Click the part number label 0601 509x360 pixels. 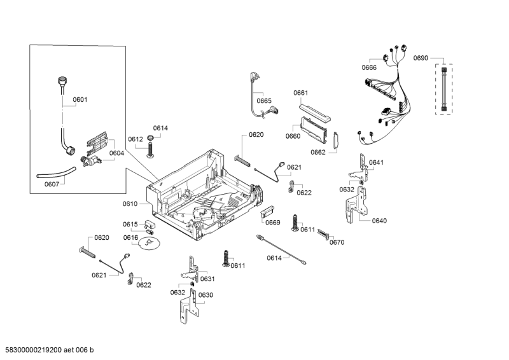pyautogui.click(x=80, y=99)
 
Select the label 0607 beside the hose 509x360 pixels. pyautogui.click(x=52, y=184)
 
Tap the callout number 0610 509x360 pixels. pyautogui.click(x=130, y=204)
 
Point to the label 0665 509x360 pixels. pyautogui.click(x=264, y=100)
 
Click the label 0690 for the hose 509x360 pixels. pyautogui.click(x=421, y=58)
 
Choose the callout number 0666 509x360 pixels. pyautogui.click(x=369, y=67)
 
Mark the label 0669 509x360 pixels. pyautogui.click(x=273, y=222)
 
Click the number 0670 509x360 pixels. pyautogui.click(x=337, y=242)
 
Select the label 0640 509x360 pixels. pyautogui.click(x=379, y=221)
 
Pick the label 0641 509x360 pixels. pyautogui.click(x=376, y=162)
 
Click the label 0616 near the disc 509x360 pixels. pyautogui.click(x=130, y=237)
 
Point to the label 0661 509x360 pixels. pyautogui.click(x=301, y=93)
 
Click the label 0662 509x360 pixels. pyautogui.click(x=318, y=152)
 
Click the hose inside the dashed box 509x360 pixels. pyautogui.click(x=444, y=90)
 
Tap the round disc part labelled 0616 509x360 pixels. pyautogui.click(x=150, y=244)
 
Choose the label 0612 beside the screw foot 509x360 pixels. pyautogui.click(x=135, y=139)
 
